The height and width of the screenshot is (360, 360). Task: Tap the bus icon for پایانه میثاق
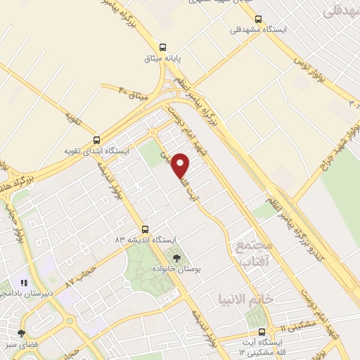click(164, 43)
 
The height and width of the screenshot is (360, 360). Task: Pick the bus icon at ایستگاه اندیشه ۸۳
click(146, 229)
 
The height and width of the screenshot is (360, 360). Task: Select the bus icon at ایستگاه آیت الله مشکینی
click(262, 331)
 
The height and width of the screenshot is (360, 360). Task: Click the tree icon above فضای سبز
click(21, 333)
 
